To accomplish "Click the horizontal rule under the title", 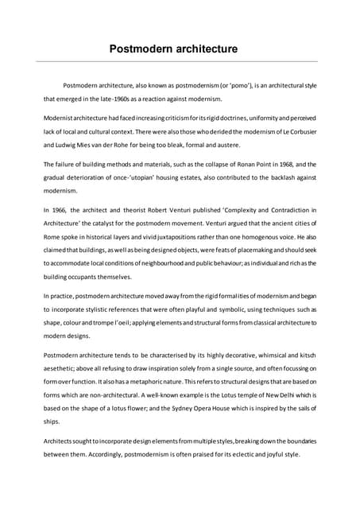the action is coord(180,61).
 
